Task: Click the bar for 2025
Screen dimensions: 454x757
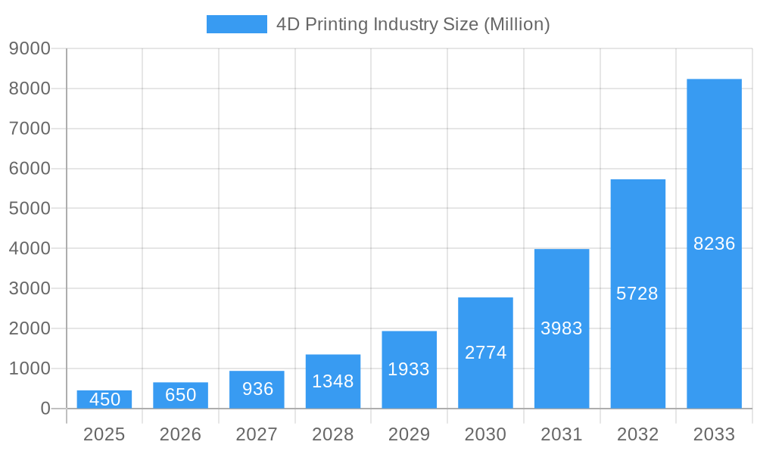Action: click(x=104, y=400)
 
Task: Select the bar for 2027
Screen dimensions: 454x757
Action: click(x=257, y=390)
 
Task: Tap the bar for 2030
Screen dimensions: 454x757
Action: click(x=485, y=353)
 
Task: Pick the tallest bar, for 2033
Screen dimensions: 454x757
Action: click(x=714, y=244)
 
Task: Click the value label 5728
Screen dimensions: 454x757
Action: click(x=637, y=294)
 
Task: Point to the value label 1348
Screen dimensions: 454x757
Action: click(x=333, y=381)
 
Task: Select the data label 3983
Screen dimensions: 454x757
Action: click(x=562, y=328)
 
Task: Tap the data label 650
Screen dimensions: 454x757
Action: click(x=181, y=395)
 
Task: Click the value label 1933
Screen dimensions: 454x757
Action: click(x=409, y=369)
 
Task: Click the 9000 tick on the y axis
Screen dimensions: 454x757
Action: click(x=30, y=49)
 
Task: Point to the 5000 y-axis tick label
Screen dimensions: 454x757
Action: click(x=30, y=209)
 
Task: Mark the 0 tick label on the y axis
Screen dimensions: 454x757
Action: click(x=45, y=409)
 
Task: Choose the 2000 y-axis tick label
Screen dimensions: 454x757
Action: click(x=30, y=328)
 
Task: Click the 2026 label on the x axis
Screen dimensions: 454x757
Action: click(x=181, y=434)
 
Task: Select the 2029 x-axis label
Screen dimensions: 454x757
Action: click(x=409, y=434)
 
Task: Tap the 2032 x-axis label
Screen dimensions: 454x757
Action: click(x=637, y=434)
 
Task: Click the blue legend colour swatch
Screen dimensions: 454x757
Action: click(x=237, y=24)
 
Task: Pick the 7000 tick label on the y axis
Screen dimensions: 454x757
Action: click(x=30, y=129)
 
